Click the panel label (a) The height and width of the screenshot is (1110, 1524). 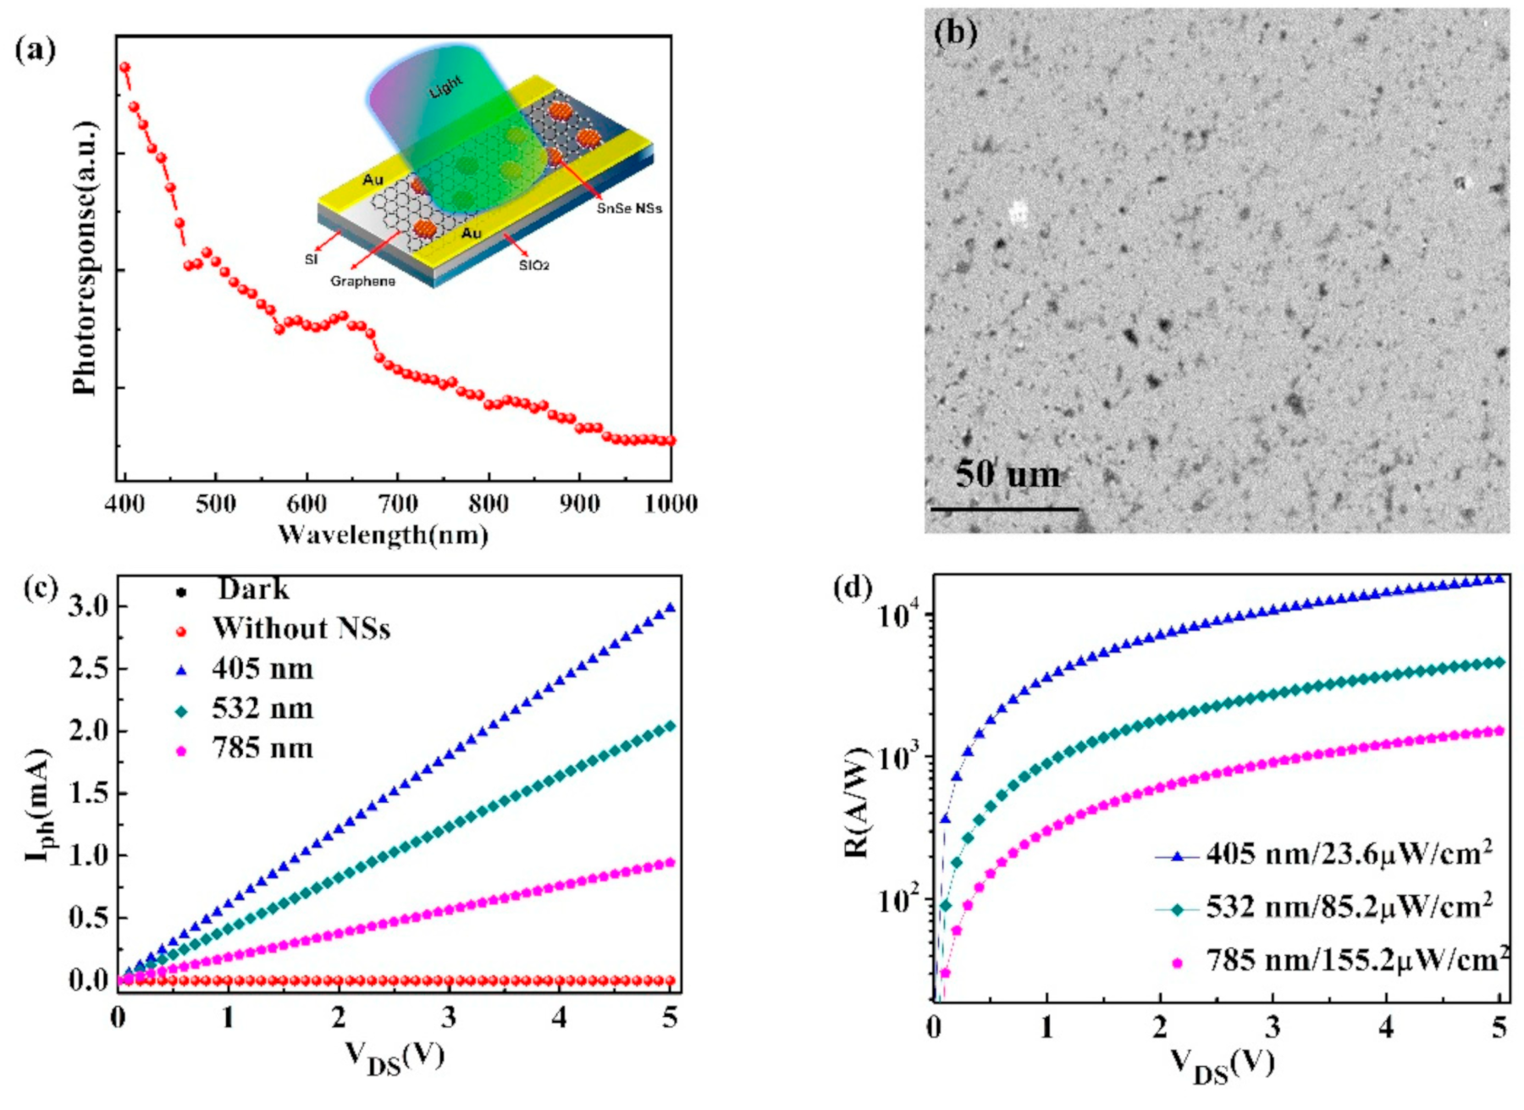click(x=35, y=50)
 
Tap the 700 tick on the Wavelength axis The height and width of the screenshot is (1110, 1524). click(x=397, y=505)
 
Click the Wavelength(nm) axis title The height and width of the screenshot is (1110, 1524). click(x=384, y=535)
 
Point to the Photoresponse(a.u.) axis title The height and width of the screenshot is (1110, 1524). click(x=85, y=259)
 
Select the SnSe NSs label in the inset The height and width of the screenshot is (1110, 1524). click(x=629, y=208)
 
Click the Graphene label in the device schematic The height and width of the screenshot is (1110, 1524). click(x=362, y=281)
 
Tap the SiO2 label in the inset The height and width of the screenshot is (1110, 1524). click(x=534, y=266)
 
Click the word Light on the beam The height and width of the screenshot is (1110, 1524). click(x=446, y=86)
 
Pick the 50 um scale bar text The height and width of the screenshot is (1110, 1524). click(x=1008, y=474)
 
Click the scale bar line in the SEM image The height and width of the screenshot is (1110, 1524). click(x=1004, y=509)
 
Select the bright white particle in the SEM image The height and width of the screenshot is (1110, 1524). click(x=1019, y=213)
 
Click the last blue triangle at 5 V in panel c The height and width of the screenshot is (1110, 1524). click(x=671, y=607)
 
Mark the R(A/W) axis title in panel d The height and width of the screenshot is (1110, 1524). click(x=857, y=803)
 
